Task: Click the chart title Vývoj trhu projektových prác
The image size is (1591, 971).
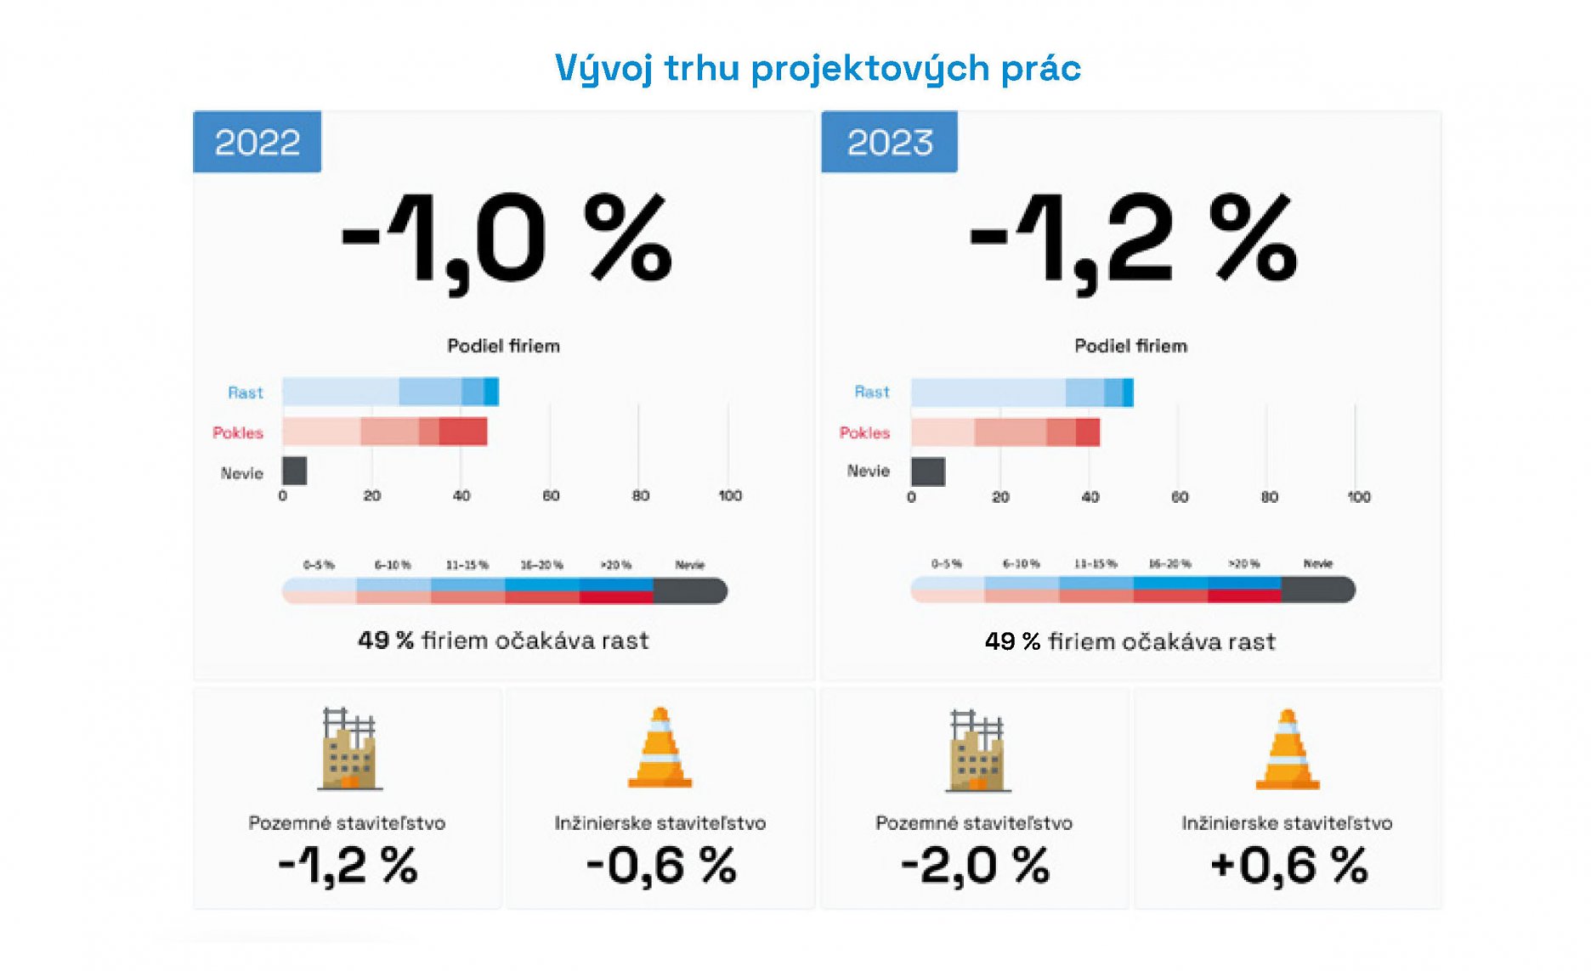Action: coord(817,68)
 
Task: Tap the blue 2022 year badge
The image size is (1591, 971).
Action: coord(257,142)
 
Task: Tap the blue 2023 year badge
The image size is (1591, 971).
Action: coord(889,142)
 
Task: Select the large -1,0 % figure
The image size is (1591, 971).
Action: coord(507,240)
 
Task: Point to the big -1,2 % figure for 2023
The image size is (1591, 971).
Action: coord(1133,240)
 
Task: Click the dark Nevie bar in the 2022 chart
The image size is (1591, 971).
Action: coord(294,471)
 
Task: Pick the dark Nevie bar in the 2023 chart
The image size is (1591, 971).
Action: coord(927,471)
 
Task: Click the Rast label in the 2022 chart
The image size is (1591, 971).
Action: coord(245,392)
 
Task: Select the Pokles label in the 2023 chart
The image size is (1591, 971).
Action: coord(864,432)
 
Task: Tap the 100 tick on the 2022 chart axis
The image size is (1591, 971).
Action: coord(729,495)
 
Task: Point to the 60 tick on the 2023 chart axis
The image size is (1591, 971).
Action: coord(1179,497)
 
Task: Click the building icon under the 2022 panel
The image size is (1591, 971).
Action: coord(348,749)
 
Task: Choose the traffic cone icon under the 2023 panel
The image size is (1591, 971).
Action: coord(1288,749)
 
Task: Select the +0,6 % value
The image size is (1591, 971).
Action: coord(1288,866)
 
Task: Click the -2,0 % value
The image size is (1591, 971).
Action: coord(975,866)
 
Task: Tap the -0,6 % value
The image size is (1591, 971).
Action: coord(660,866)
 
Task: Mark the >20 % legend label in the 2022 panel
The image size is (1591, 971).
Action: coord(615,565)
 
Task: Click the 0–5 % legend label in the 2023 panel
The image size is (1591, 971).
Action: coord(946,564)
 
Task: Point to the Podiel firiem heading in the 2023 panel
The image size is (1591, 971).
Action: coord(1130,346)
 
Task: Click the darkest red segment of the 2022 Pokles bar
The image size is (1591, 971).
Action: coord(463,432)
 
